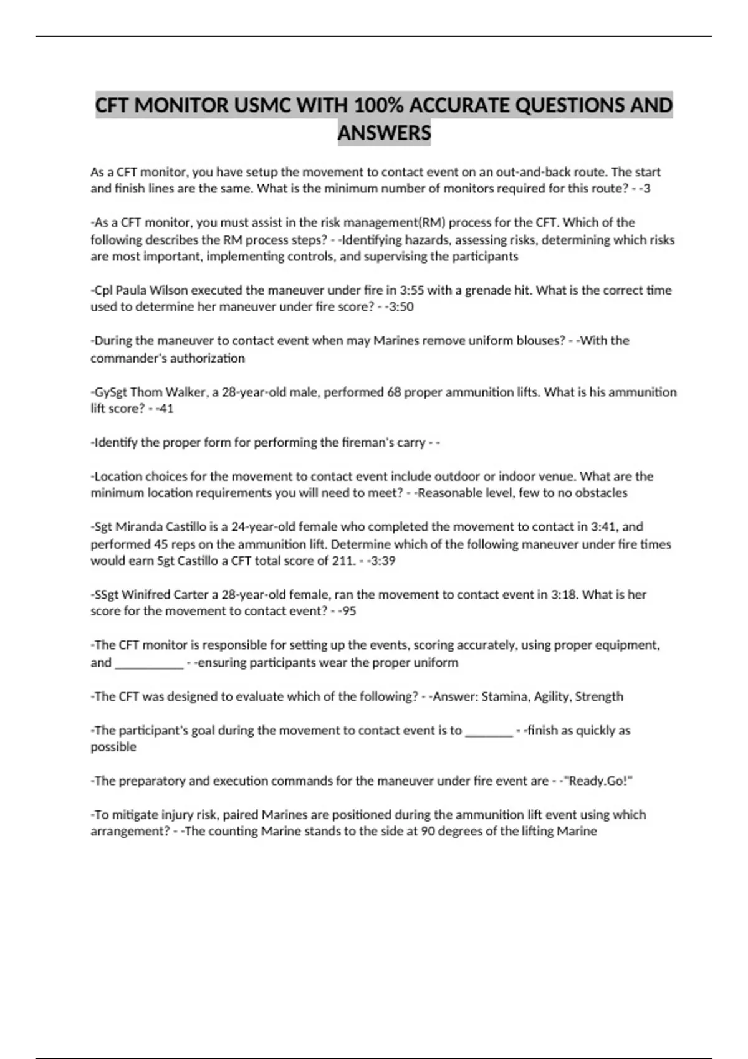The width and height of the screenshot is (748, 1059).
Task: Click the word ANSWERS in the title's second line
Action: pyautogui.click(x=384, y=133)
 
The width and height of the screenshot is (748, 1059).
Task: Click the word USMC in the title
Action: pyautogui.click(x=262, y=105)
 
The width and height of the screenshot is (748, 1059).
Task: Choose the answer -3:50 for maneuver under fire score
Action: pyautogui.click(x=399, y=307)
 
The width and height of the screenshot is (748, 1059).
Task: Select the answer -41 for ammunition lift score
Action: pyautogui.click(x=165, y=409)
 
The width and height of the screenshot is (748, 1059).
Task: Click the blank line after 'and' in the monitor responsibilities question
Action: pyautogui.click(x=149, y=663)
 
